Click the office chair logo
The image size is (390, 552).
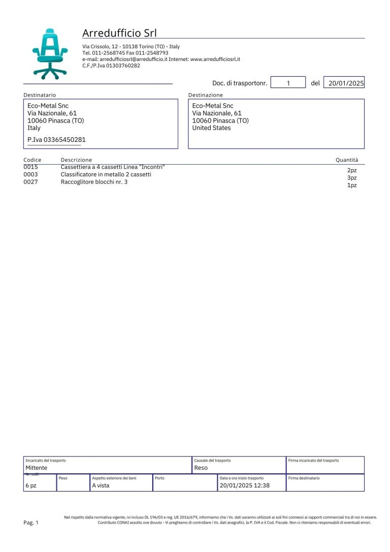49,53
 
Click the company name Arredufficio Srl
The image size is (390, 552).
119,33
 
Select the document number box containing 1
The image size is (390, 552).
288,83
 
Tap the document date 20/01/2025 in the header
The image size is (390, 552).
346,83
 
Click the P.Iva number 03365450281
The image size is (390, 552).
56,139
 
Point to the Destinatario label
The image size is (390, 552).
40,95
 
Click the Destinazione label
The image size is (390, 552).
205,95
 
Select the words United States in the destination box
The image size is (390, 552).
211,128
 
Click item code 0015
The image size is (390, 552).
30,167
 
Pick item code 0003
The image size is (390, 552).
30,174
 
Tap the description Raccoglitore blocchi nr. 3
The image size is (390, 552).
94,181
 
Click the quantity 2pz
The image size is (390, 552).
352,171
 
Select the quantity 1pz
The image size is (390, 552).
352,186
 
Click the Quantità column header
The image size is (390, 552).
347,160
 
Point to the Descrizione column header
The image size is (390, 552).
76,160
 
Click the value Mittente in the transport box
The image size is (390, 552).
36,468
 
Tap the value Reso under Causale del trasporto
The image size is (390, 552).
201,468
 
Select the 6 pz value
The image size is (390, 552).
31,485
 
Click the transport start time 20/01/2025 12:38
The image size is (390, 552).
244,485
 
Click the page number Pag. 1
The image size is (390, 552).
31,523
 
